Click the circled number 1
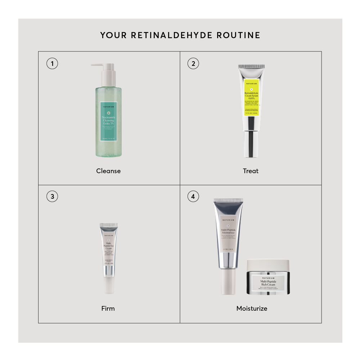(x=52, y=64)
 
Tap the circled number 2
(x=193, y=64)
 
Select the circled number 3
(x=52, y=197)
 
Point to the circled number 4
(x=193, y=197)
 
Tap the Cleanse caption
(x=108, y=171)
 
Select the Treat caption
(x=251, y=171)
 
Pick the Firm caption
(x=108, y=309)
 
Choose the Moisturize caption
(x=252, y=309)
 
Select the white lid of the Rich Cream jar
(x=268, y=265)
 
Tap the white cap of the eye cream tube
(x=108, y=286)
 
